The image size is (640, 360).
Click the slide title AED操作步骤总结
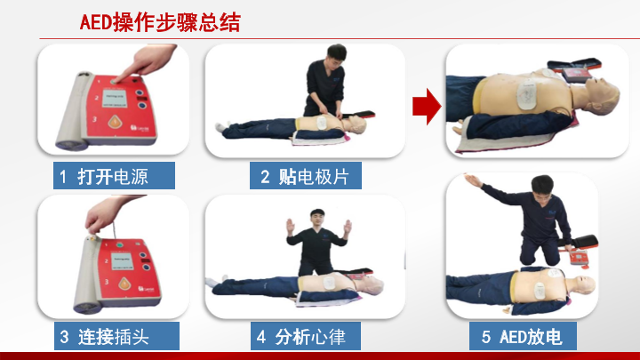tap(160, 22)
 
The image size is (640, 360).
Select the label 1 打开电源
tap(114, 175)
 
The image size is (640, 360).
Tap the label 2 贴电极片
tap(305, 175)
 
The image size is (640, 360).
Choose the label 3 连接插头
tap(116, 336)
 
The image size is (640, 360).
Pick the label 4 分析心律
tap(305, 336)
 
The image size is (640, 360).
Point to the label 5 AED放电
tap(523, 336)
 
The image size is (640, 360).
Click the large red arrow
tap(427, 106)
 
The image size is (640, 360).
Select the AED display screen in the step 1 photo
tap(114, 98)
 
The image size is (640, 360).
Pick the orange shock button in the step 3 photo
tap(124, 284)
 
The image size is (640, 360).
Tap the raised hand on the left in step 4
tap(290, 227)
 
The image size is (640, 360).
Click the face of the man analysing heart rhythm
tap(316, 218)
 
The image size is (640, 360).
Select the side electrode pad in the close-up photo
tap(526, 95)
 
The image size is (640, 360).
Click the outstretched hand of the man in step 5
tap(474, 180)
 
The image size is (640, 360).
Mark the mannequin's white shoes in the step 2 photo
tap(221, 126)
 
